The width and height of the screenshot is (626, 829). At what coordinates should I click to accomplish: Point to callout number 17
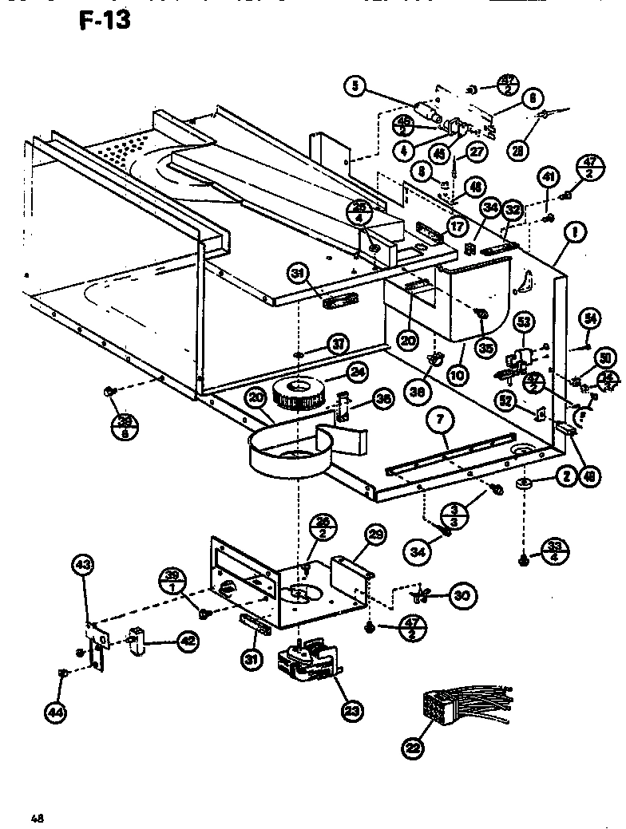[458, 226]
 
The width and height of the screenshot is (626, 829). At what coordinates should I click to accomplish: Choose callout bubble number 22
[412, 748]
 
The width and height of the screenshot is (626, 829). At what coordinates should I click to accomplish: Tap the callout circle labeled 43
[83, 566]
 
